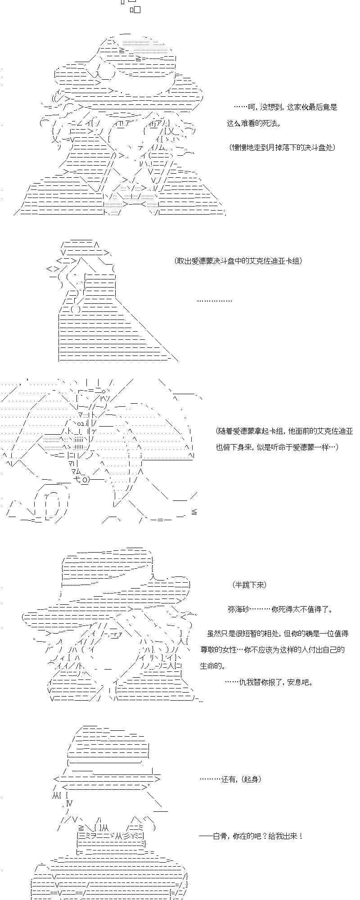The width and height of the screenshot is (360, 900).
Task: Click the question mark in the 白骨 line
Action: [x=265, y=836]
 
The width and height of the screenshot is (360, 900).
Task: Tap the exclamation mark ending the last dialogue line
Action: [x=301, y=836]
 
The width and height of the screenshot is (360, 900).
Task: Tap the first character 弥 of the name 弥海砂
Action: [x=231, y=609]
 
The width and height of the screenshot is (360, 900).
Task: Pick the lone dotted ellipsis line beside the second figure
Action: [x=215, y=301]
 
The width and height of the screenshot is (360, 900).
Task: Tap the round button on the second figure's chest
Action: [x=76, y=309]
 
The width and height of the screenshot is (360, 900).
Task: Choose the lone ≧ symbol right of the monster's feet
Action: [x=194, y=512]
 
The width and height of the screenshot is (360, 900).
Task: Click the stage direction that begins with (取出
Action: [x=238, y=261]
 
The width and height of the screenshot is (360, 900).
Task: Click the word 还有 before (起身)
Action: [x=229, y=779]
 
